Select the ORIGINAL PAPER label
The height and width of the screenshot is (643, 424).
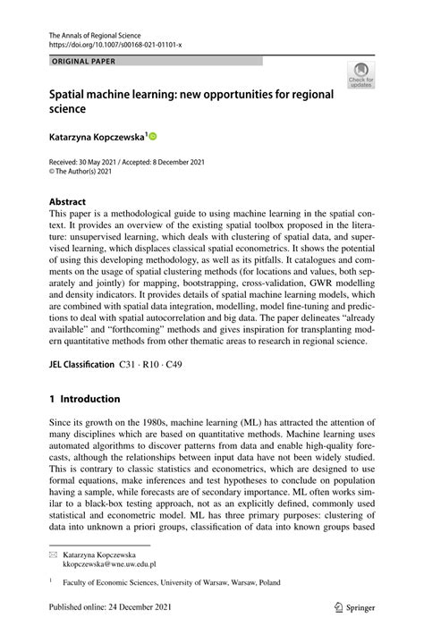pyautogui.click(x=83, y=62)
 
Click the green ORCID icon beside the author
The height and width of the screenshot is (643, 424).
pyautogui.click(x=152, y=137)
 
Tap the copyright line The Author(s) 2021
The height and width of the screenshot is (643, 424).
pyautogui.click(x=88, y=172)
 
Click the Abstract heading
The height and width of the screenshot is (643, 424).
pyautogui.click(x=68, y=202)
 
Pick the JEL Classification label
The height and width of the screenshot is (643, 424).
pyautogui.click(x=81, y=366)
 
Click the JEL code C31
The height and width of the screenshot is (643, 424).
pyautogui.click(x=129, y=366)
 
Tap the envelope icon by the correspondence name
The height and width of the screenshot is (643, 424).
pyautogui.click(x=54, y=555)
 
